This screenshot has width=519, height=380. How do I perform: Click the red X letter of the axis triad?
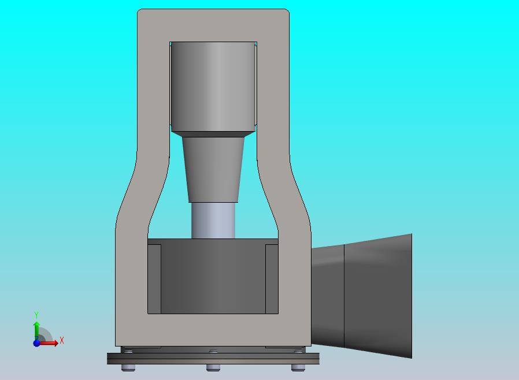pyautogui.click(x=62, y=340)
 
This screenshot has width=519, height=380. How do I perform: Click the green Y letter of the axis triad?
pyautogui.click(x=36, y=315)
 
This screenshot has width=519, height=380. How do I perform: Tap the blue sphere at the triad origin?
pyautogui.click(x=37, y=343)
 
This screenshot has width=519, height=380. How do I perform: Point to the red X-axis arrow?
pyautogui.click(x=48, y=343)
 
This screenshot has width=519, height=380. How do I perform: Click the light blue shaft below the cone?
pyautogui.click(x=213, y=220)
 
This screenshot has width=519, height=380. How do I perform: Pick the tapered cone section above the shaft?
pyautogui.click(x=213, y=169)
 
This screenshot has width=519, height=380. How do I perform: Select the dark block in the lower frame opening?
pyautogui.click(x=213, y=276)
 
